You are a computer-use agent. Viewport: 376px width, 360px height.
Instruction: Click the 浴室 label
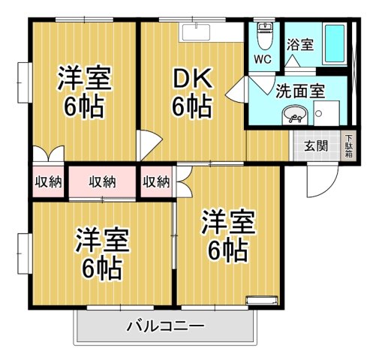pos(299,45)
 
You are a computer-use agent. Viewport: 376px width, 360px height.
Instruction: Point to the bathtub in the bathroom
pos(333,46)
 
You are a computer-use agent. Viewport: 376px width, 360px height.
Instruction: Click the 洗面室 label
pos(299,91)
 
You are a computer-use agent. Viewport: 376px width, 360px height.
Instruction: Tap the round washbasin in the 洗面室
pos(295,115)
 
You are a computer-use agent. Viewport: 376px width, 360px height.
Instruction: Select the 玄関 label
pos(315,145)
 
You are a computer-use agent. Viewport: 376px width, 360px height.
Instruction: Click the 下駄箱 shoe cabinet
pos(349,145)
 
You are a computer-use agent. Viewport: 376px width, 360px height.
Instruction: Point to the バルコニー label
pos(165,327)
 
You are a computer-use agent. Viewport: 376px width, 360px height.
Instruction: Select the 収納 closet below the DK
pos(156,181)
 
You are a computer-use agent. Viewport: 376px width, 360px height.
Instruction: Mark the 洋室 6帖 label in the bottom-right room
pos(227,236)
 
